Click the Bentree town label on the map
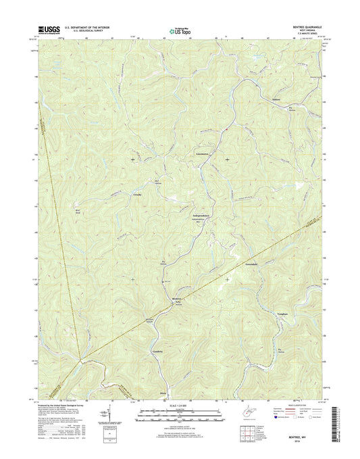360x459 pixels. click(177, 298)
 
